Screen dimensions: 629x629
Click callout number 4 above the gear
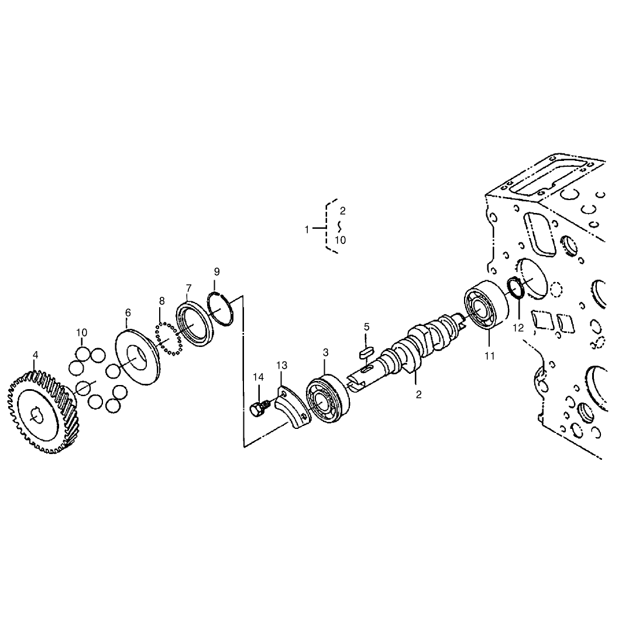click(36, 355)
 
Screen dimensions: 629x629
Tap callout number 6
click(128, 312)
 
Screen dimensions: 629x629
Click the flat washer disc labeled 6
click(137, 357)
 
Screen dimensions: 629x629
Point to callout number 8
click(161, 301)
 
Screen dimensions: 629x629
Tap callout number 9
click(216, 271)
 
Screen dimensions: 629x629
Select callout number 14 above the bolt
click(259, 377)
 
